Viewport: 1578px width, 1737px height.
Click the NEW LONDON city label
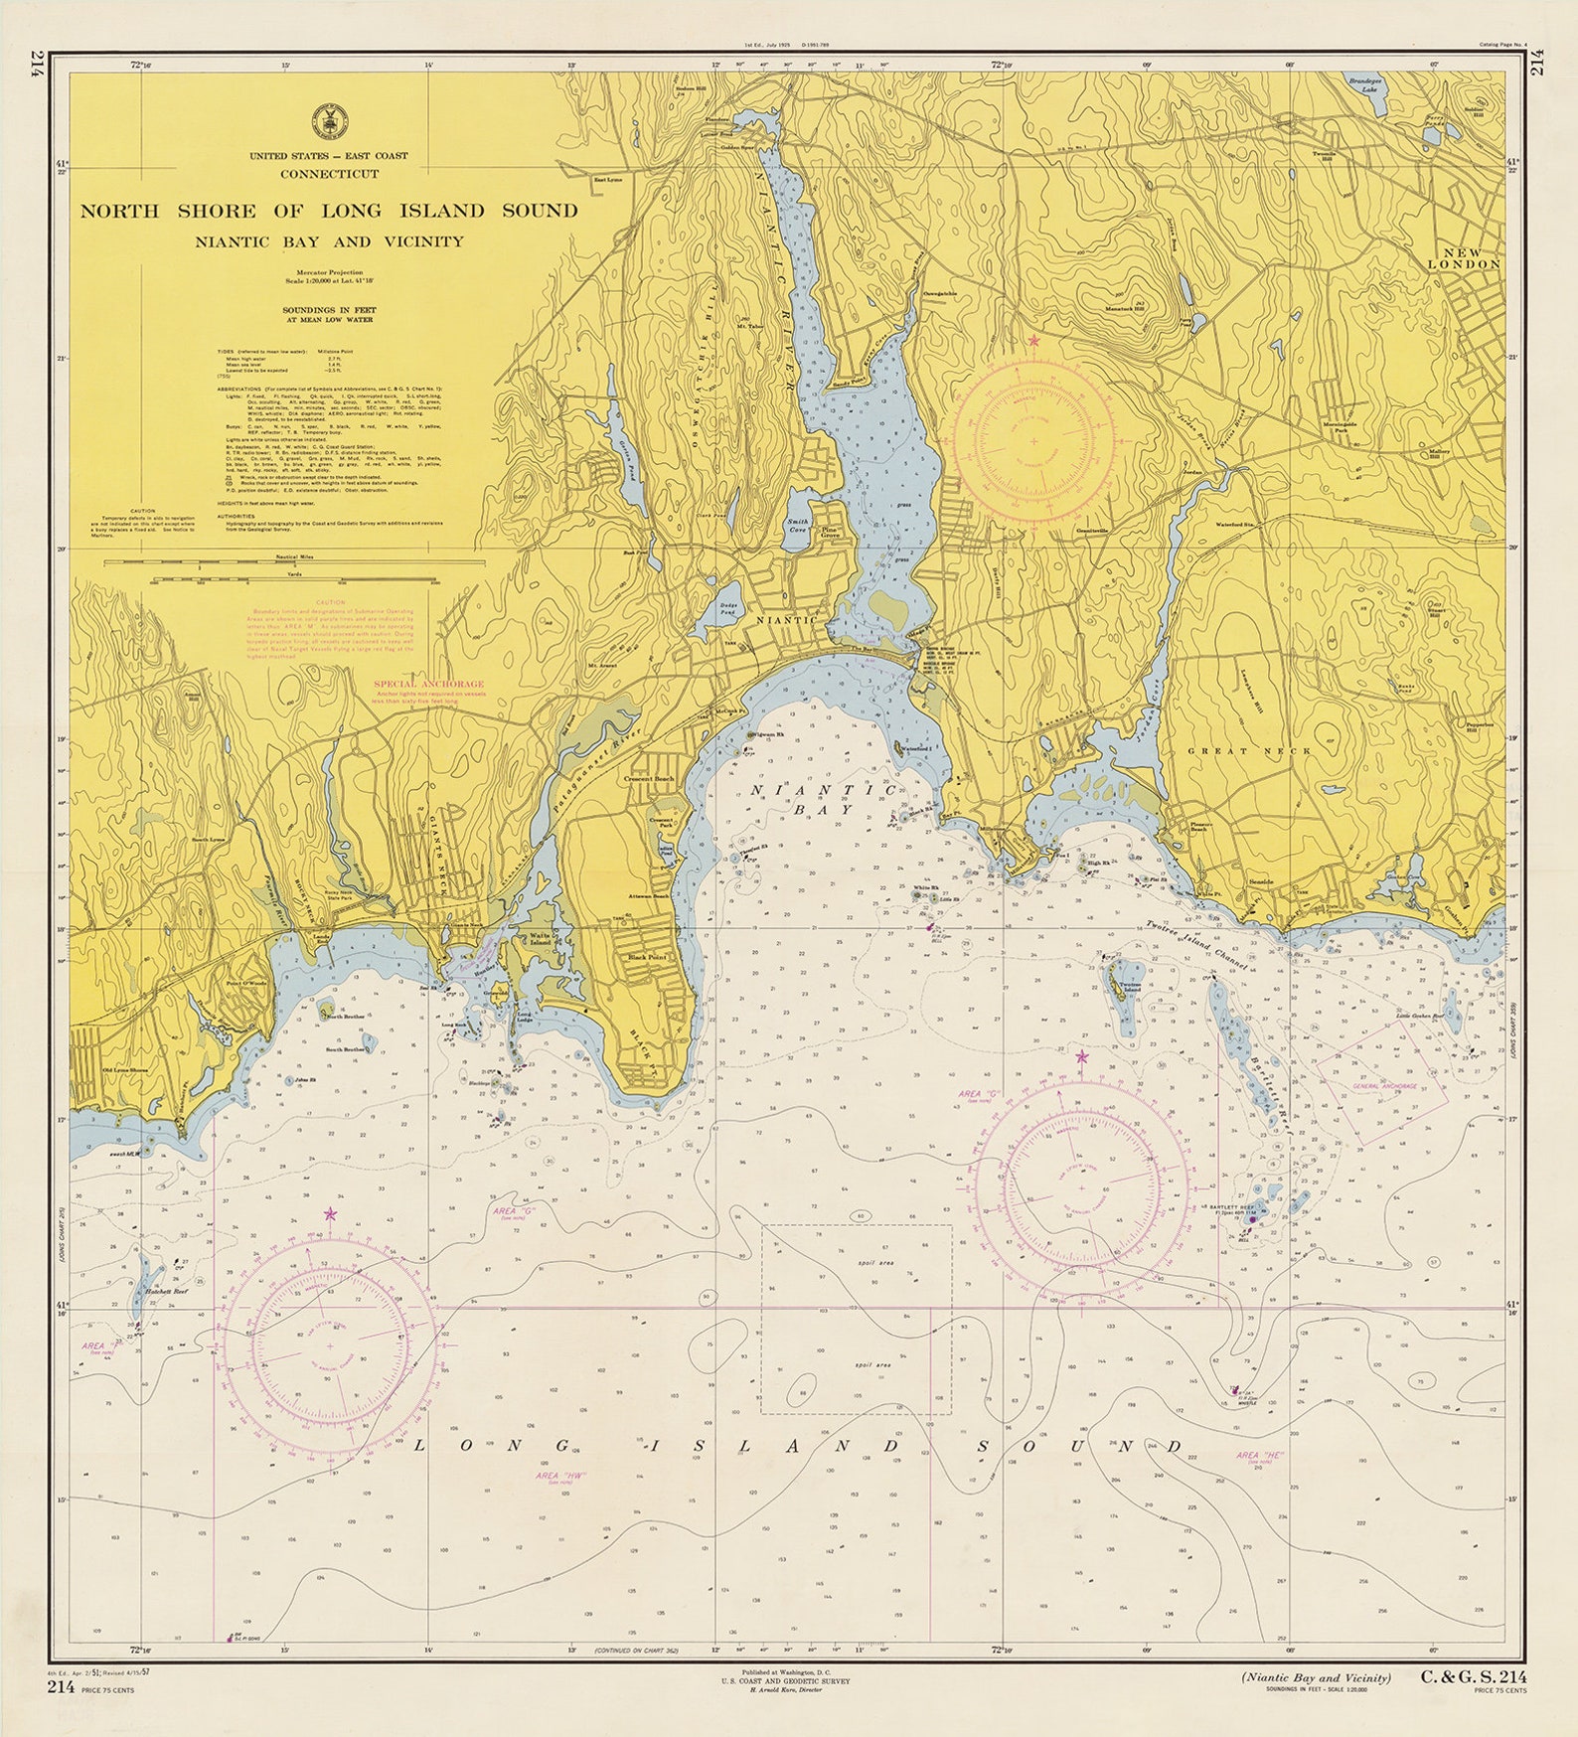point(1464,258)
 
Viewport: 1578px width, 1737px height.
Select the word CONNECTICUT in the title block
point(329,174)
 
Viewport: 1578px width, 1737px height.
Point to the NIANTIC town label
point(787,619)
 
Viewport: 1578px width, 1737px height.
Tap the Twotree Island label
point(1130,988)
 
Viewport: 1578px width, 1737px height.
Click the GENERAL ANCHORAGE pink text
point(1384,1087)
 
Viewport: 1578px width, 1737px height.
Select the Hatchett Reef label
point(165,1291)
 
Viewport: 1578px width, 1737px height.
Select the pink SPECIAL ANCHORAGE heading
point(428,684)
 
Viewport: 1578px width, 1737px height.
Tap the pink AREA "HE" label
point(1260,1455)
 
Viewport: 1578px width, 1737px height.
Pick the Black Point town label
point(647,957)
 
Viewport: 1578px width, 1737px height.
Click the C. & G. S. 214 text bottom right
point(1474,1678)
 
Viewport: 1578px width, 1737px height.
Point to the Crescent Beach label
point(651,779)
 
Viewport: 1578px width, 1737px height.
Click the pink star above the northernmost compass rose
point(1033,341)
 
